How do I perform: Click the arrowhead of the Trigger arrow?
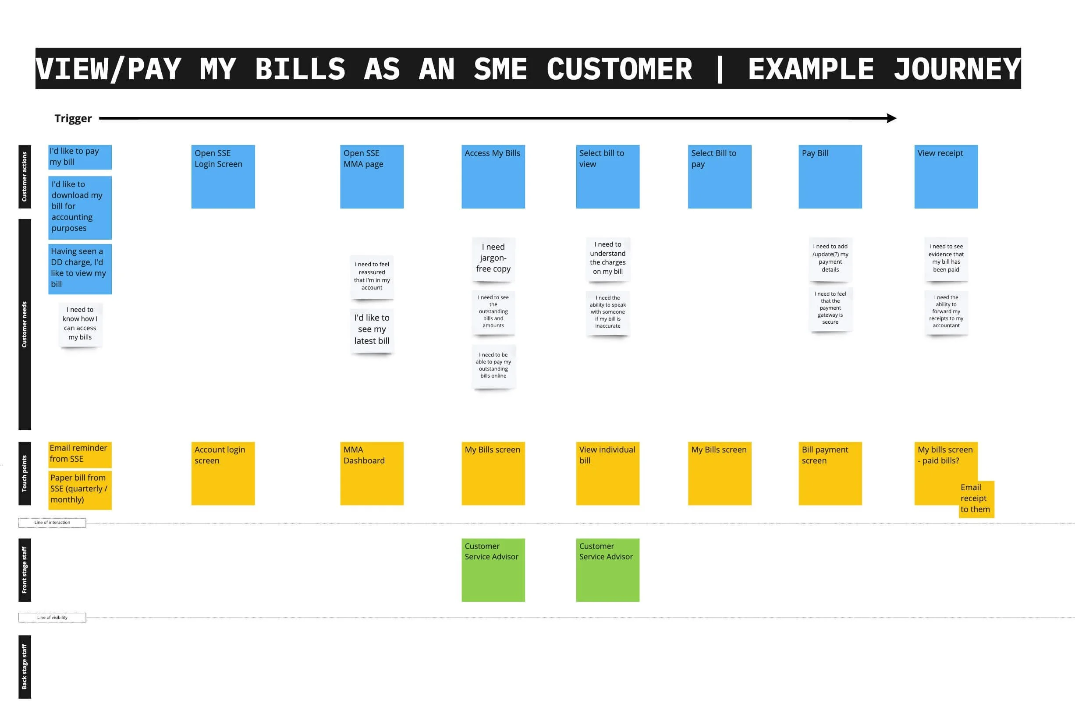891,118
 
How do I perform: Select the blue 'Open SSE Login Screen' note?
223,177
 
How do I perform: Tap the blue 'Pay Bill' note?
830,177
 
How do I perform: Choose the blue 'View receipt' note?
946,177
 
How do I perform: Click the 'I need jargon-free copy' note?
493,258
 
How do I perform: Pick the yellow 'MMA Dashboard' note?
372,473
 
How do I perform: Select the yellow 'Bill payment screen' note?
830,473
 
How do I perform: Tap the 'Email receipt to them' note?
976,498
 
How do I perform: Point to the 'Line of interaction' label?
53,522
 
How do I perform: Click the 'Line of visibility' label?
53,618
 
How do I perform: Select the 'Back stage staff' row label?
25,666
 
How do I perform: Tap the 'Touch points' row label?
25,473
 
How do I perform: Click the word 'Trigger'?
73,119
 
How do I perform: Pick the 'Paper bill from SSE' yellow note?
80,489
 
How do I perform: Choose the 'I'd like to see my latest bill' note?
372,329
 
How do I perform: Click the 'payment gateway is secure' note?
830,308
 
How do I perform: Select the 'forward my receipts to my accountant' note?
946,312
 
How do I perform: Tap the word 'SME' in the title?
500,69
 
